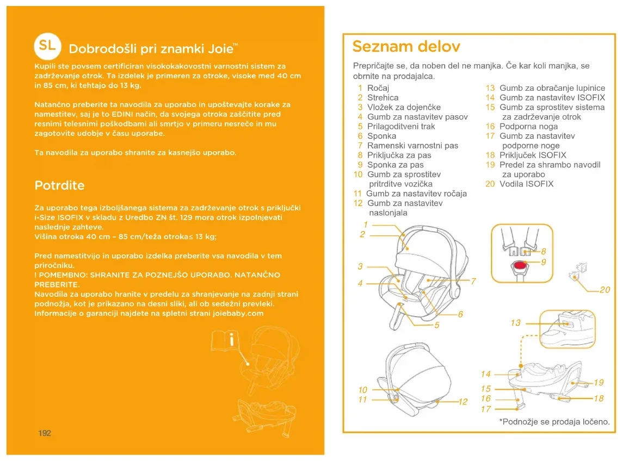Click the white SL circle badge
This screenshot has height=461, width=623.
tap(47, 46)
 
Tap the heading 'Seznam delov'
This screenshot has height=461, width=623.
tap(406, 46)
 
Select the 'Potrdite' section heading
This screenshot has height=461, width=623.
tap(59, 185)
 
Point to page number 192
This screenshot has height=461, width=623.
tap(45, 433)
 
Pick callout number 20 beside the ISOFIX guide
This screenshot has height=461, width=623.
tap(605, 290)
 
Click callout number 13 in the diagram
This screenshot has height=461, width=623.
tap(515, 323)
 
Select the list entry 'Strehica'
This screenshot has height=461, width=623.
tap(383, 97)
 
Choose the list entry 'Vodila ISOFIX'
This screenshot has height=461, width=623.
tap(526, 184)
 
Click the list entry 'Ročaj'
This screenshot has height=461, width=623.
tap(378, 88)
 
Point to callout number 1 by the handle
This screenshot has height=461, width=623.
tap(366, 225)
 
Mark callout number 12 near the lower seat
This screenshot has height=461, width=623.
tap(463, 402)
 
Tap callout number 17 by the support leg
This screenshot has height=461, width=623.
tap(486, 409)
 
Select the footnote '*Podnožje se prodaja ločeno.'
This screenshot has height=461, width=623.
tap(554, 422)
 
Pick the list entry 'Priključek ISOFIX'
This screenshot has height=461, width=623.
tap(533, 155)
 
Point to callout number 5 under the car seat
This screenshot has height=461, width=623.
tap(436, 325)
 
